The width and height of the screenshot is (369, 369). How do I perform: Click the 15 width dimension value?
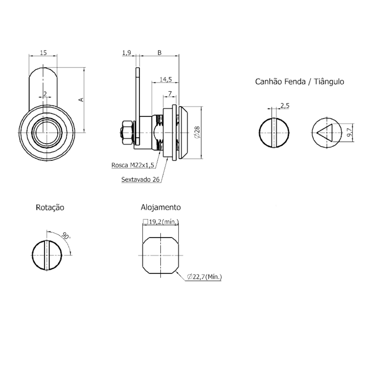coord(43,52)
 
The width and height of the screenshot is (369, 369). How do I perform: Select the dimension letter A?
coord(81,99)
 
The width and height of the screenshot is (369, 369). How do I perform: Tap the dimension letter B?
coord(160,52)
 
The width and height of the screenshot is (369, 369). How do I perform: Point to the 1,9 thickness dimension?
coord(127,52)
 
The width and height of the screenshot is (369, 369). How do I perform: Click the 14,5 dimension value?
coord(166,79)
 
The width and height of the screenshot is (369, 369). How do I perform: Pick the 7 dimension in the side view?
coord(170,93)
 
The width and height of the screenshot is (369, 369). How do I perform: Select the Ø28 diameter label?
coord(197,132)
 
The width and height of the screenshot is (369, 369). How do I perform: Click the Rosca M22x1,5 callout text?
coord(133,165)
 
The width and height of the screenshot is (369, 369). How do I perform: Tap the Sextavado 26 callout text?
coord(140,180)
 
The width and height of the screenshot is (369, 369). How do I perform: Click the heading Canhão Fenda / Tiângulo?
coord(299,81)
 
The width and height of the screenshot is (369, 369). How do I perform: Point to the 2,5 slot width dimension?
coord(285,106)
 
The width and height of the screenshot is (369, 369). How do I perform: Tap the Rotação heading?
coord(50,207)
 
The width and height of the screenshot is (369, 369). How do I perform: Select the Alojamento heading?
coord(161,207)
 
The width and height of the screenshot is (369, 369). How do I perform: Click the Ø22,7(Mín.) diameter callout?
coord(204,277)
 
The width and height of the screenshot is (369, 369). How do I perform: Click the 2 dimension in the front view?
coord(45,94)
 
